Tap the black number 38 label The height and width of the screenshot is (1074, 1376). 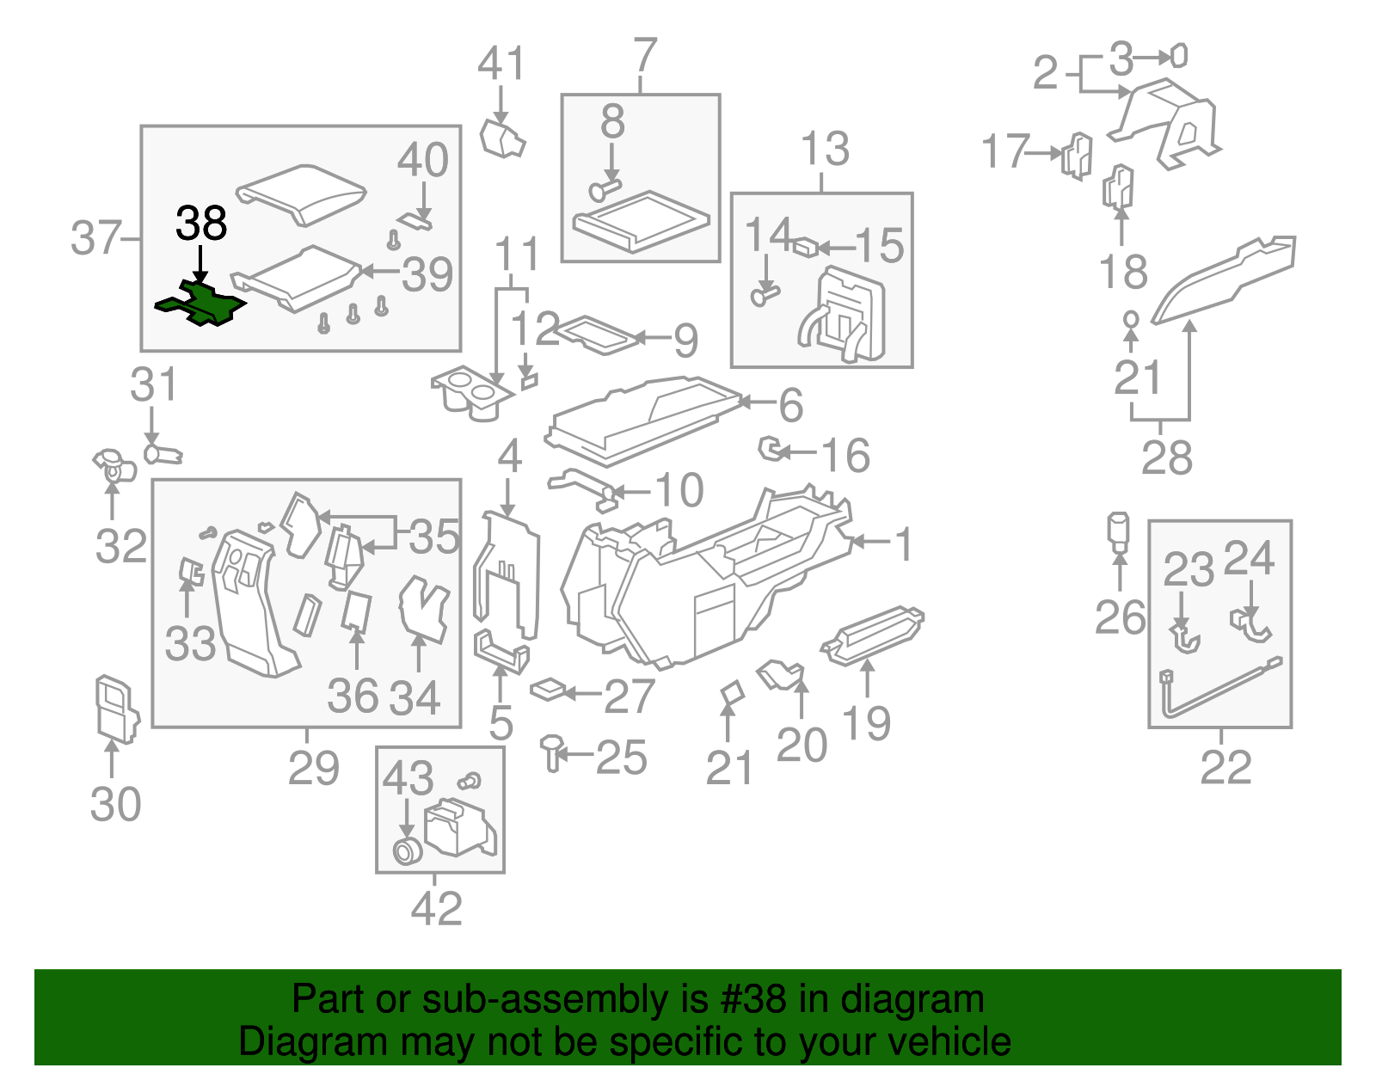(x=201, y=224)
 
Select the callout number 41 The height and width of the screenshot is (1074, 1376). (x=501, y=64)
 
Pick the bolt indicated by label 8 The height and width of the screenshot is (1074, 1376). (x=605, y=188)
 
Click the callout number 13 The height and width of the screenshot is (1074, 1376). (x=825, y=149)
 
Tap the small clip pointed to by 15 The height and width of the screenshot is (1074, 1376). (x=805, y=248)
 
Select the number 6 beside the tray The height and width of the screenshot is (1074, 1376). (x=790, y=405)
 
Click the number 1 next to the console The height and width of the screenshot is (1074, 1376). (x=903, y=543)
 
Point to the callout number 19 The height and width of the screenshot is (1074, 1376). (x=866, y=721)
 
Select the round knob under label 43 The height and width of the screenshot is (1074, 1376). (x=406, y=851)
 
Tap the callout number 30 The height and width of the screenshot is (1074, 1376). (x=115, y=804)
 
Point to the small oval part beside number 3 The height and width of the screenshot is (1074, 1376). (x=1180, y=57)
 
